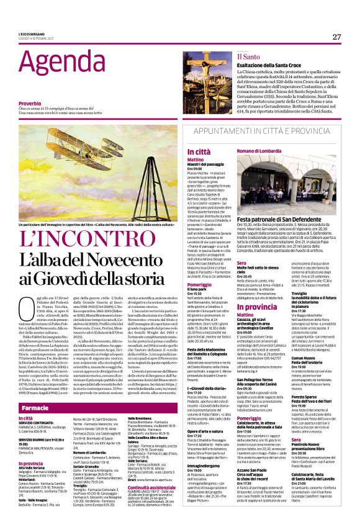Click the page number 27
[336, 37]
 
